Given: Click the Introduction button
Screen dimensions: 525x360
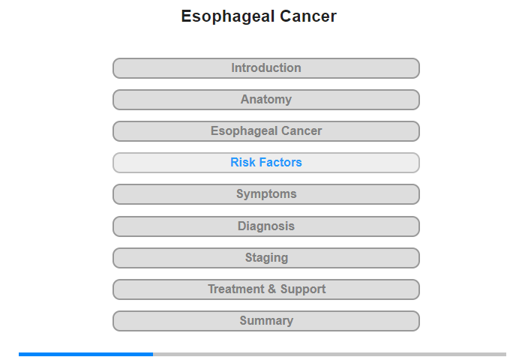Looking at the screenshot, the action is (265, 68).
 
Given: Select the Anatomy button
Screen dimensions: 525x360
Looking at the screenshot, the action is (265, 100).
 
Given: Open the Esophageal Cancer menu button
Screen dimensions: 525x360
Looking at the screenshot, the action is (265, 131).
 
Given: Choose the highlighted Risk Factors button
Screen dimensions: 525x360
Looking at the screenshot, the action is (265, 163).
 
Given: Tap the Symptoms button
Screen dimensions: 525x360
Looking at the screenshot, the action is (265, 194).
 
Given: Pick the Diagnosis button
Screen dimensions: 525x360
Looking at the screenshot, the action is (265, 226).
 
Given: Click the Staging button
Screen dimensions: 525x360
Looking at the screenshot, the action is (265, 258).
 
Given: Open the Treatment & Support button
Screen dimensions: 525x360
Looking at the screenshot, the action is (265, 289).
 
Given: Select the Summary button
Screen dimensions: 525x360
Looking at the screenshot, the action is (265, 321).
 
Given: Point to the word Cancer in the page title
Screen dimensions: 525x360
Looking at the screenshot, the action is (308, 16).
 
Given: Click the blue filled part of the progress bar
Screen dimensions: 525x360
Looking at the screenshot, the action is (85, 354).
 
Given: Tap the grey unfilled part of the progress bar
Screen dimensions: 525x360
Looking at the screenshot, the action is (329, 354).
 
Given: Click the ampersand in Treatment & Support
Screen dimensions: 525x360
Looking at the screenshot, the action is (271, 289).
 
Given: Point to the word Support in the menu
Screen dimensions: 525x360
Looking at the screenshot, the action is (303, 289).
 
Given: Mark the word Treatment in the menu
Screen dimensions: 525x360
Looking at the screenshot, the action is (236, 289).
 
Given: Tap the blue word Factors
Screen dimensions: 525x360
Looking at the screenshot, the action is (280, 163).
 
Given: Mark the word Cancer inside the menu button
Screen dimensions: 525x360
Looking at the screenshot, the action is (301, 131).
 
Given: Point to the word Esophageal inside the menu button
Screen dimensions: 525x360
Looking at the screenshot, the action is (244, 131).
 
